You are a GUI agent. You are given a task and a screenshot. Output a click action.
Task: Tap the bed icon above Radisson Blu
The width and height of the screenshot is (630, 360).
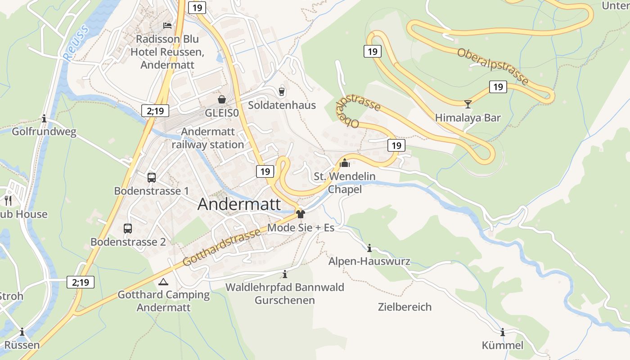click(167, 25)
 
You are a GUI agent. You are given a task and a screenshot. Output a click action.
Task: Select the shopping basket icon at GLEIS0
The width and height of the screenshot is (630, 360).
click(222, 99)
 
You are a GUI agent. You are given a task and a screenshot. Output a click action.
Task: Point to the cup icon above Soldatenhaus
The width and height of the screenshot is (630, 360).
click(282, 91)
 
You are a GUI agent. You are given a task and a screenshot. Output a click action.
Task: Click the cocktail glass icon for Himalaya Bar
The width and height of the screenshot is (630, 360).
click(468, 104)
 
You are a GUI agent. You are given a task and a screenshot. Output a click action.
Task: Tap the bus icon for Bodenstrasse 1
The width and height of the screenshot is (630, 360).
click(152, 177)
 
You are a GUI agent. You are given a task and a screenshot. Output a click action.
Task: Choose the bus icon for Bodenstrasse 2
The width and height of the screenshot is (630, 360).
click(128, 229)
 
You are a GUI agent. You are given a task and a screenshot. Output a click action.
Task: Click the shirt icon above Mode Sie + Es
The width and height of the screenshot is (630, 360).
click(301, 214)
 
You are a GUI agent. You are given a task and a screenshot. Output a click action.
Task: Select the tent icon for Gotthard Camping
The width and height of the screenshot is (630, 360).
click(163, 282)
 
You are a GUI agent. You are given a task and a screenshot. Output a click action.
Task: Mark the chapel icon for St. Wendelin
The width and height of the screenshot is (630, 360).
click(345, 163)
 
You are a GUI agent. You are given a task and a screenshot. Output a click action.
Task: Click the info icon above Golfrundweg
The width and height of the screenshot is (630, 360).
click(44, 119)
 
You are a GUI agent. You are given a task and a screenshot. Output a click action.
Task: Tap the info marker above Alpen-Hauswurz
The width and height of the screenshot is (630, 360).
click(369, 248)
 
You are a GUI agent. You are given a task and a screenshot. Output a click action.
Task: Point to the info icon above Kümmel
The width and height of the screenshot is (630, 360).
click(503, 333)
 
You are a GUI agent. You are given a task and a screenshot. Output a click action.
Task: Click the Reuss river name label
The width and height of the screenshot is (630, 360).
click(75, 43)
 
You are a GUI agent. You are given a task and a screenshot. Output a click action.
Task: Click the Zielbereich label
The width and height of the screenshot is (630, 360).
click(405, 307)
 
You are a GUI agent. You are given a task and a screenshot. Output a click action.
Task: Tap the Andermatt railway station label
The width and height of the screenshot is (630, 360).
click(208, 138)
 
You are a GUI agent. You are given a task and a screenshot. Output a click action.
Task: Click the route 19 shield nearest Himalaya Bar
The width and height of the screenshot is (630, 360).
click(498, 86)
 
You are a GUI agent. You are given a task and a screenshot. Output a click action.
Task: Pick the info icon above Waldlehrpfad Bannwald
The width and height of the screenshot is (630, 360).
click(284, 274)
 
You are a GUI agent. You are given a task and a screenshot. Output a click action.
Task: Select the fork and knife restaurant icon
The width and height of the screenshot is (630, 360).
click(8, 200)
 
